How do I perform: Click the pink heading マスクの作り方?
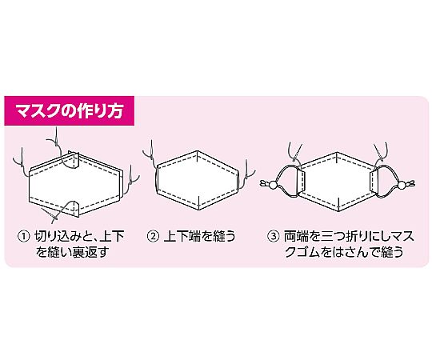click(x=69, y=110)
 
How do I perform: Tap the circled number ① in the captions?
click(x=23, y=236)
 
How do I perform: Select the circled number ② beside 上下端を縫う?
click(x=153, y=236)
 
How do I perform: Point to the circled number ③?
click(x=274, y=236)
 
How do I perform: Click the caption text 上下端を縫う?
click(x=200, y=236)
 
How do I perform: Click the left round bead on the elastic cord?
click(x=273, y=184)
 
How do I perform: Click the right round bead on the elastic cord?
click(x=402, y=184)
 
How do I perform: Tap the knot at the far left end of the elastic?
click(x=263, y=183)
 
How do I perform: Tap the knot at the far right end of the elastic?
click(x=411, y=183)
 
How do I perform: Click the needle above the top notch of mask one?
click(x=56, y=135)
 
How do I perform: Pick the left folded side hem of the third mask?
click(x=302, y=181)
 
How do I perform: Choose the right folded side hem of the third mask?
click(x=374, y=182)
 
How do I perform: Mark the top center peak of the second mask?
click(x=198, y=151)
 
